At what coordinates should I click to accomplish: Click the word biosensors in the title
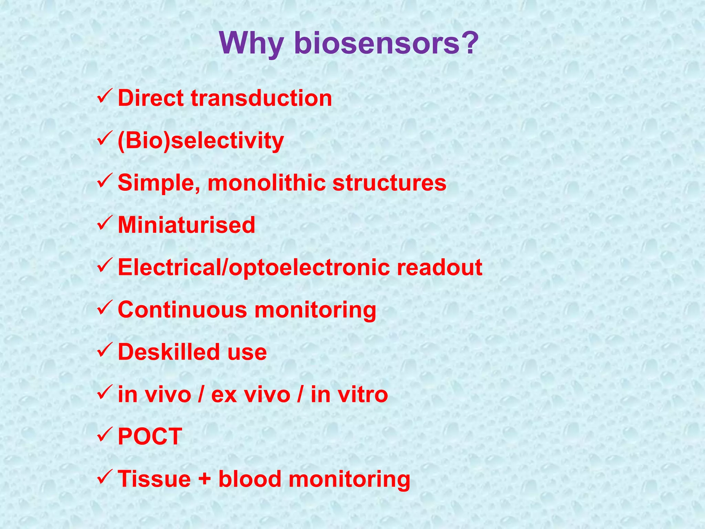pos(377,43)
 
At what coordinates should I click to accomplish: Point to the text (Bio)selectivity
pos(201,141)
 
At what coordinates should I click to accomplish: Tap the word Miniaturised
pos(186,225)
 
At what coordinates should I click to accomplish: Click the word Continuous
pos(182,310)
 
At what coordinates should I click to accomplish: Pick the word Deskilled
pos(168,352)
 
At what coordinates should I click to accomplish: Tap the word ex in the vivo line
pos(224,395)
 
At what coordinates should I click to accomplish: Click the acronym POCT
pos(150,437)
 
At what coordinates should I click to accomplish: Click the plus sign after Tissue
pos(204,479)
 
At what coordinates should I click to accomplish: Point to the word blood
pos(250,479)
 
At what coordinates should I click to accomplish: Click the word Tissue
pos(154,479)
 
